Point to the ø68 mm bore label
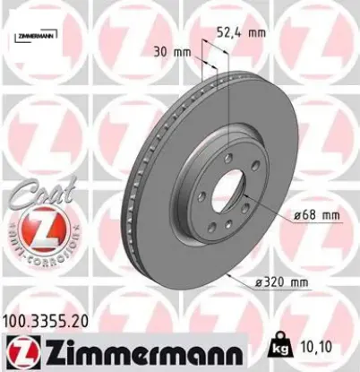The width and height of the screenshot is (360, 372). [x=317, y=215]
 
